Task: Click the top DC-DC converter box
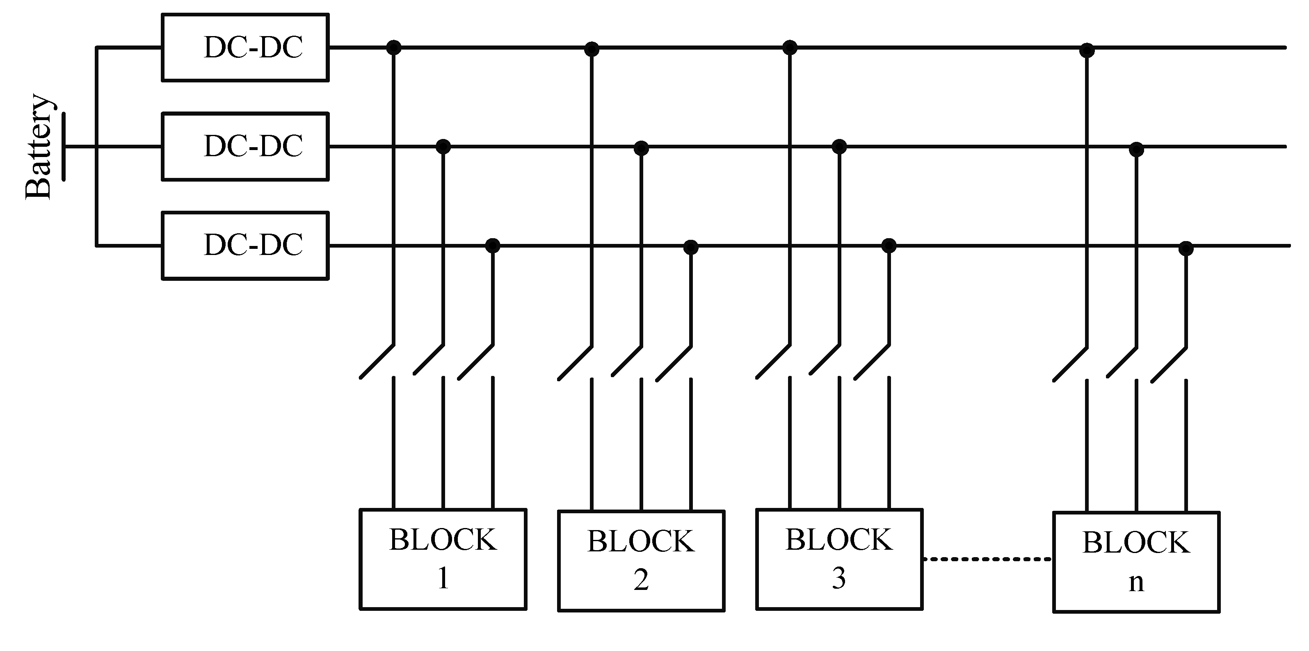tap(245, 47)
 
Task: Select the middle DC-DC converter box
tap(245, 146)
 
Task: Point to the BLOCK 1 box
tap(443, 559)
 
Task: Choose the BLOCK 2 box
tap(641, 561)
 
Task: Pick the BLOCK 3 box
tap(839, 559)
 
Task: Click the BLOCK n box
tap(1136, 562)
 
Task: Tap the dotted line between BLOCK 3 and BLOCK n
tap(987, 559)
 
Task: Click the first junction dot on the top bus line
tap(394, 47)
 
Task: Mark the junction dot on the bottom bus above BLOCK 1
tap(492, 246)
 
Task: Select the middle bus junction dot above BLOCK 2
tap(641, 148)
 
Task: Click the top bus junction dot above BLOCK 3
tap(789, 48)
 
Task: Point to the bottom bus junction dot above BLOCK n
tap(1186, 248)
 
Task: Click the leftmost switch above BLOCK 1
tap(377, 362)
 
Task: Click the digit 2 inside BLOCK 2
tap(641, 580)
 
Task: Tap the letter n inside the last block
tap(1136, 583)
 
